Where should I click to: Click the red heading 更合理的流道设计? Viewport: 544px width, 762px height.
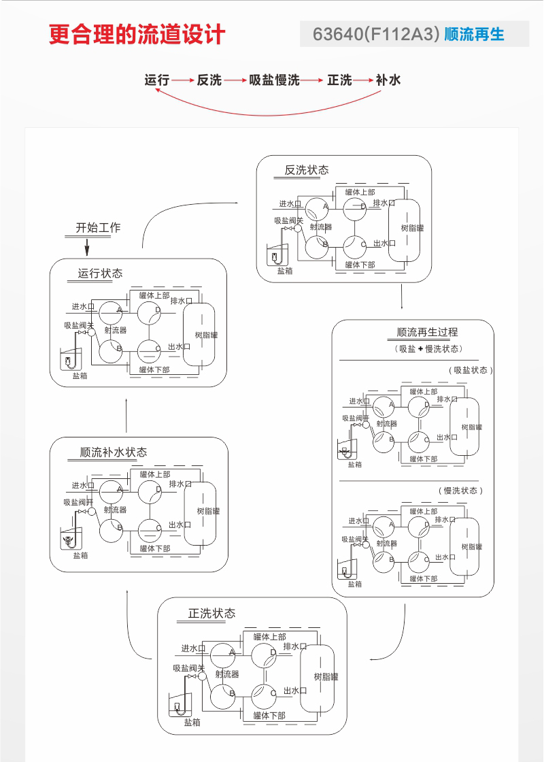pos(136,35)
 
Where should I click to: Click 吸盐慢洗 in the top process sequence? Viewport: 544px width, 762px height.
pos(274,80)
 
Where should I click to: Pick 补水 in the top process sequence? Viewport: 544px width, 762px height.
pos(388,80)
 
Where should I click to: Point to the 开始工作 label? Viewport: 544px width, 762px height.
pos(97,227)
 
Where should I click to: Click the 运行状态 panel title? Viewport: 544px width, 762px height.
pos(100,274)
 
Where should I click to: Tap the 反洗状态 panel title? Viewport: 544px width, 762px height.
pos(306,170)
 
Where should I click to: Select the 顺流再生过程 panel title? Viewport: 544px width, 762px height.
pos(427,332)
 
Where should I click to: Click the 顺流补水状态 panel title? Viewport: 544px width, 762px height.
pos(113,452)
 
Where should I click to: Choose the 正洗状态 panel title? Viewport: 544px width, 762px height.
pos(211,613)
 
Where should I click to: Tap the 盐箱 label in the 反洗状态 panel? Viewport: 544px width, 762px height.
pos(285,271)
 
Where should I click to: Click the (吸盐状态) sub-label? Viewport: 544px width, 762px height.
pos(471,370)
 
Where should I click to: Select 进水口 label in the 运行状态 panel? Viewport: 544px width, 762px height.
pos(83,307)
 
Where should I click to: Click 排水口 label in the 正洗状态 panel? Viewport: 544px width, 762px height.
pos(295,646)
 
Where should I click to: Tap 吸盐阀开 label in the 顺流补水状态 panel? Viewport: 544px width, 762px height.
pos(79,502)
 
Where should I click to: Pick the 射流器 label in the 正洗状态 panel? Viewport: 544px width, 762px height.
pos(227,674)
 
